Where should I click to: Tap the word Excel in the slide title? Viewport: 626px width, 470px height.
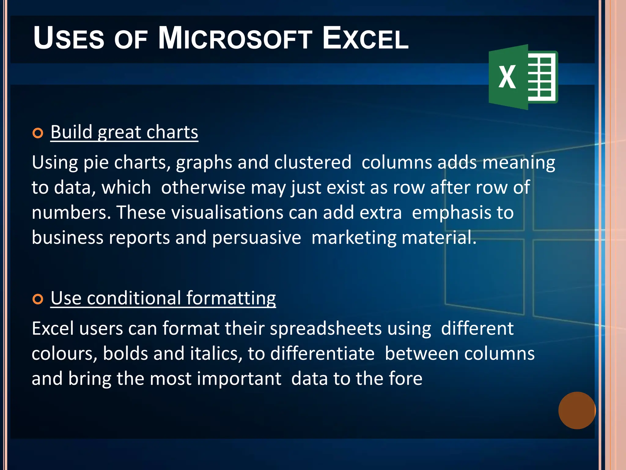tap(365, 39)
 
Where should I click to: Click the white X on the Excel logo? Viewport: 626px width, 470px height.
tap(507, 77)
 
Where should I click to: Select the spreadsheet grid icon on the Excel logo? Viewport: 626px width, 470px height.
tap(542, 77)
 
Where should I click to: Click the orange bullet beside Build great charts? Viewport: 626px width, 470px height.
tap(38, 133)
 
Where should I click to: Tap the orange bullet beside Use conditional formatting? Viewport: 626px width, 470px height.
tap(38, 299)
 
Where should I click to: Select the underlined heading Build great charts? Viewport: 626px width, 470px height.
tap(124, 132)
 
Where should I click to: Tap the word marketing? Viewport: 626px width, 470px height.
tap(354, 238)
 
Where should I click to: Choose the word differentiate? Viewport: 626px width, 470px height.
tap(322, 354)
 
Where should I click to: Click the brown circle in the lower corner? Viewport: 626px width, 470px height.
tap(577, 410)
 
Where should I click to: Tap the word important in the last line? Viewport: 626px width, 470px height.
tap(239, 379)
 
